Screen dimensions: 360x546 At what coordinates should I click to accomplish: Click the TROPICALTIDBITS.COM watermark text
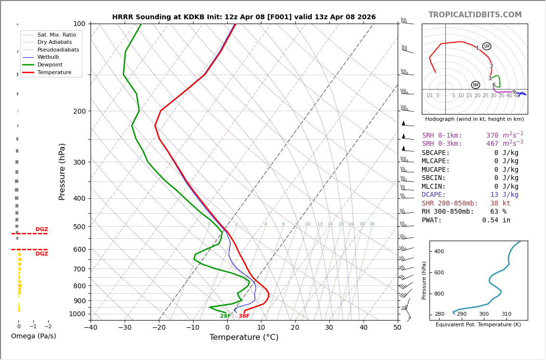[x=475, y=15]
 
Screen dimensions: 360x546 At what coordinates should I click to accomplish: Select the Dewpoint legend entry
[x=50, y=64]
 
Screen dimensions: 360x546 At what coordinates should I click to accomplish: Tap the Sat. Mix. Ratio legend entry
[x=56, y=35]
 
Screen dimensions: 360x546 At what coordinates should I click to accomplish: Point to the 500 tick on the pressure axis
[x=79, y=227]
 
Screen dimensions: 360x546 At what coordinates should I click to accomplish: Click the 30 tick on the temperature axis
[x=329, y=328]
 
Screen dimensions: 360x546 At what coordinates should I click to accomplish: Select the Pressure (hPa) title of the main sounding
[x=63, y=171]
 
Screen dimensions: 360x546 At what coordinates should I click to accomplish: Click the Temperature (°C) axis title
[x=244, y=337]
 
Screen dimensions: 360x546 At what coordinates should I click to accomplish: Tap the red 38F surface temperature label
[x=244, y=316]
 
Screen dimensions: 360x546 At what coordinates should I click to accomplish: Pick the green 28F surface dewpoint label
[x=225, y=316]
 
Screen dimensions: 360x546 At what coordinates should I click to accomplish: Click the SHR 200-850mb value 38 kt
[x=500, y=204]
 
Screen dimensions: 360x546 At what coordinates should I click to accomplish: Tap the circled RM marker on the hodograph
[x=476, y=85]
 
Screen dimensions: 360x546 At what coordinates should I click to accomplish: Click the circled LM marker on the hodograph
[x=487, y=46]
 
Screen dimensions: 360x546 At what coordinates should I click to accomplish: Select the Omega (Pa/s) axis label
[x=33, y=336]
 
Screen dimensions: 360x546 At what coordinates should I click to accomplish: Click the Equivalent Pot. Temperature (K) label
[x=478, y=325]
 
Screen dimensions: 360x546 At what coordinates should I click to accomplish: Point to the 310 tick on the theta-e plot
[x=506, y=314]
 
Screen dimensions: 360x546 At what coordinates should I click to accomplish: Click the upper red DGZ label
[x=41, y=230]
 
